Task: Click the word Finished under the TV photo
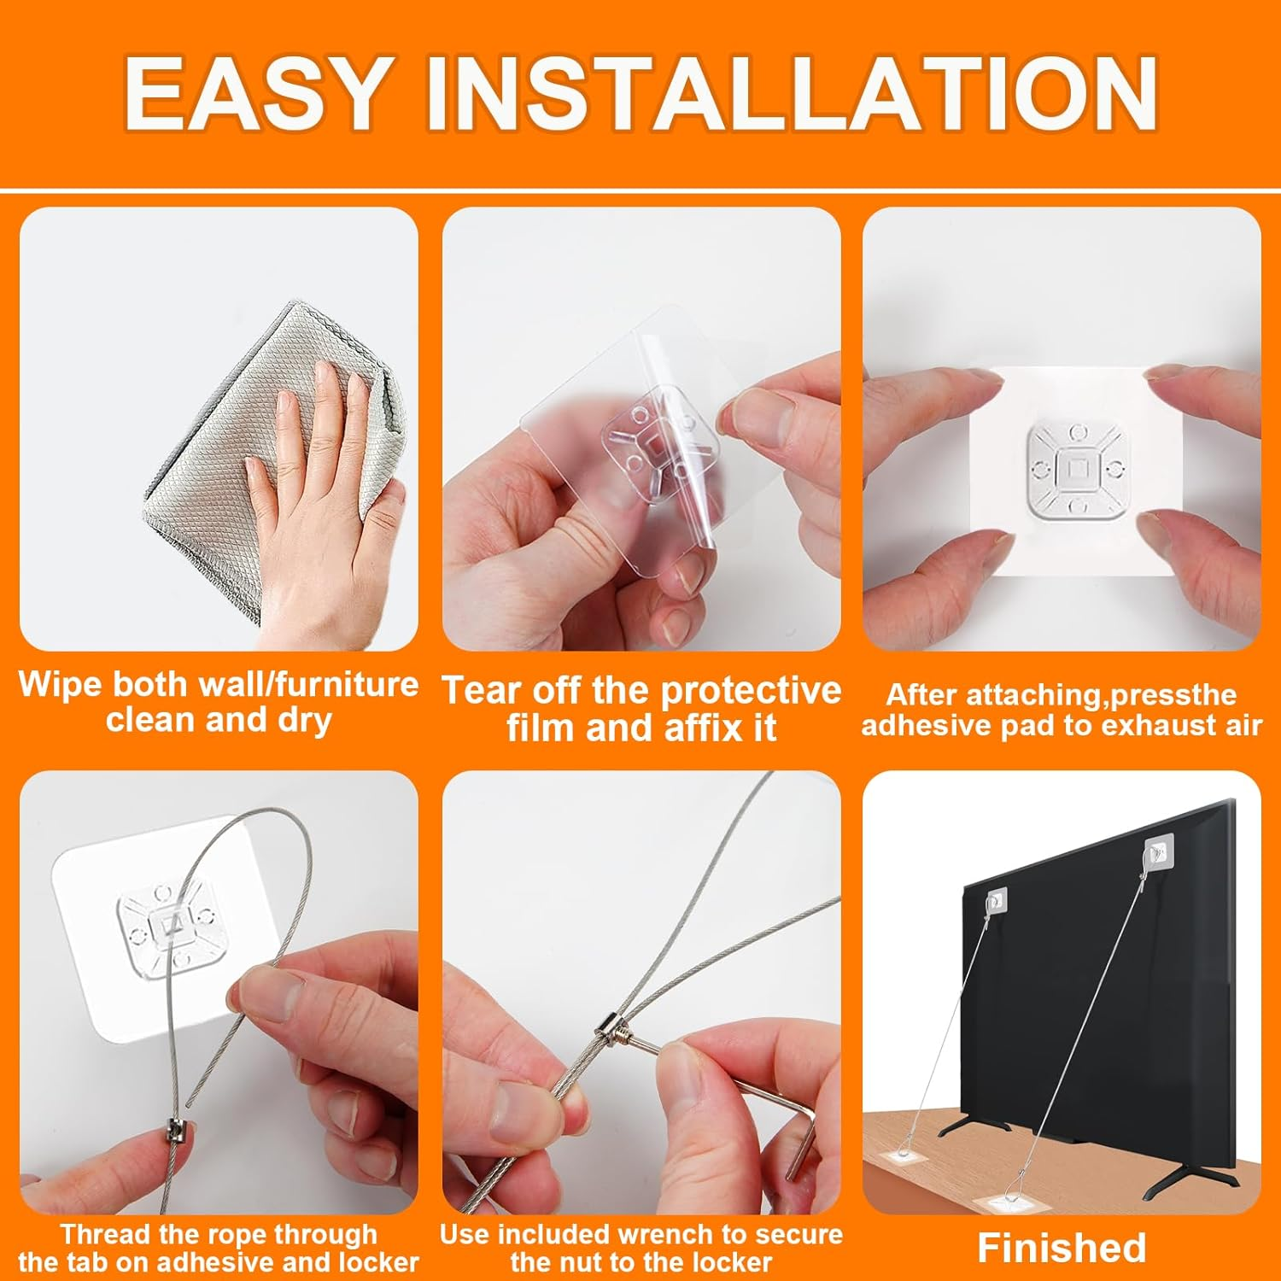click(x=1062, y=1248)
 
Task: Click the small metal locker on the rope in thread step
click(x=177, y=1137)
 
